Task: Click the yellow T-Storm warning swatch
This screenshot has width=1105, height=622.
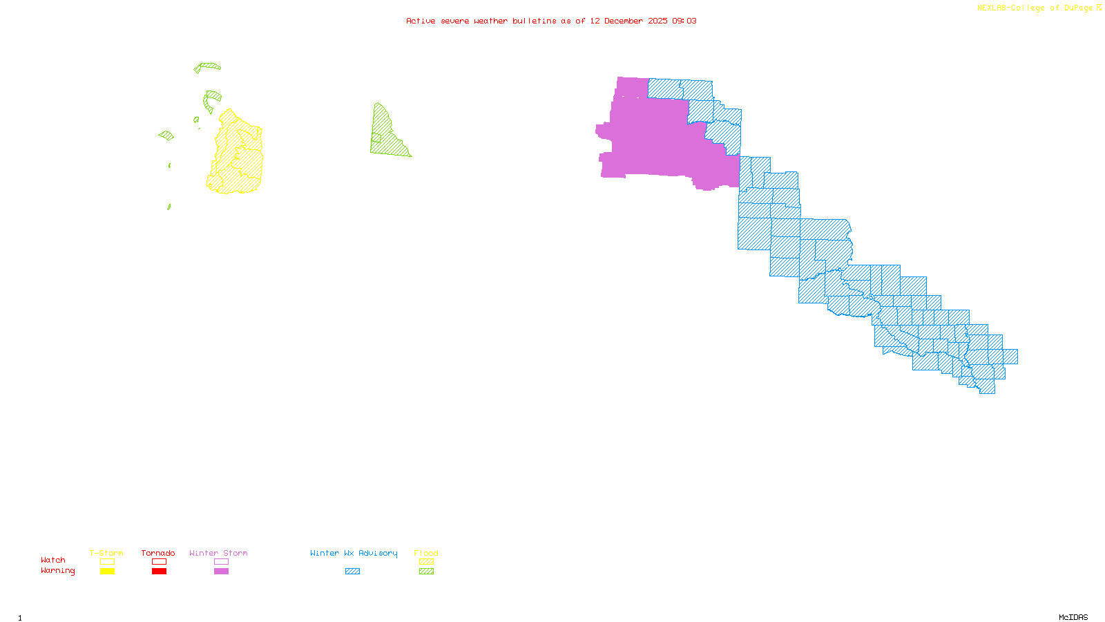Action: (107, 572)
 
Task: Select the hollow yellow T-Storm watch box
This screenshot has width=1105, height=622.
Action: (107, 562)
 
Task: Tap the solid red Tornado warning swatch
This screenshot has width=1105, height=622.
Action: (159, 572)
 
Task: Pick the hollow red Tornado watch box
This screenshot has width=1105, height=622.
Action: (159, 562)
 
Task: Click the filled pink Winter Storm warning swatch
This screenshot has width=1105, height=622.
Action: (221, 572)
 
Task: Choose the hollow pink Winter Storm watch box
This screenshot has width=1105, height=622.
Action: (221, 562)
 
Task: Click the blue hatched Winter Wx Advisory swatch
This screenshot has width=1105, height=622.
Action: (352, 572)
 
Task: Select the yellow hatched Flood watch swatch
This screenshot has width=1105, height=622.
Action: (426, 562)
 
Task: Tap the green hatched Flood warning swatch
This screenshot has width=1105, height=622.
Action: (426, 572)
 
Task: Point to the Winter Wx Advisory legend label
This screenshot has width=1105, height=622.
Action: (354, 553)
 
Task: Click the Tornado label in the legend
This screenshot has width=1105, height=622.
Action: (158, 553)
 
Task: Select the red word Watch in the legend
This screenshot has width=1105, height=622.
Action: (53, 560)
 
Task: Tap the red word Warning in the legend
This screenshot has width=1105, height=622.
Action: (58, 571)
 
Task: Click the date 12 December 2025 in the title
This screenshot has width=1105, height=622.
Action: (628, 21)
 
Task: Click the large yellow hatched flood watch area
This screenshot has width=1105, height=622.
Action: (238, 159)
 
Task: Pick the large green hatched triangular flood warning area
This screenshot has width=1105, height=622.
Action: (387, 138)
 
